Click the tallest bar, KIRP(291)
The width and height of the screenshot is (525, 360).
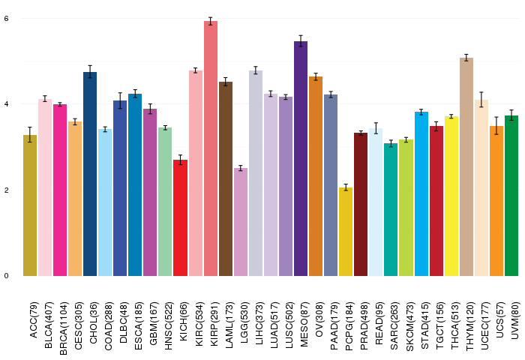[211, 148]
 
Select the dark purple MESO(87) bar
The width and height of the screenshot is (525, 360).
[301, 159]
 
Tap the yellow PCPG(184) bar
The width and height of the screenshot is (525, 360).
[346, 232]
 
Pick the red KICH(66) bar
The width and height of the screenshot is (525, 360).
[181, 218]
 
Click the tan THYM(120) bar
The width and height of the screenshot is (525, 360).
[466, 166]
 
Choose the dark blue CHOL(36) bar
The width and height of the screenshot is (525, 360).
[90, 174]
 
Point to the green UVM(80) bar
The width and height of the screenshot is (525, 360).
[511, 196]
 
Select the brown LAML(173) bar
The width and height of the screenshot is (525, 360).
[226, 178]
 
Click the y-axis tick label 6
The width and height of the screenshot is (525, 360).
[6, 19]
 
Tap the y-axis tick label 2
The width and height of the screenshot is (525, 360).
[6, 190]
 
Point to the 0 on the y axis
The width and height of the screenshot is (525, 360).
[6, 275]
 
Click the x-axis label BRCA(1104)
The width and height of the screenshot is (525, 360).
[63, 328]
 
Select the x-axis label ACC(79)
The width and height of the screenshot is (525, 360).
[34, 319]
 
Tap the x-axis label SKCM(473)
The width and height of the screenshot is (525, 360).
[409, 326]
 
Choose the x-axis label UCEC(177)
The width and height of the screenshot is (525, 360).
[484, 325]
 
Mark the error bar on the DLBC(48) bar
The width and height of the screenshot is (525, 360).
[120, 100]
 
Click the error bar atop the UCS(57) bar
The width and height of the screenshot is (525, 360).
[496, 125]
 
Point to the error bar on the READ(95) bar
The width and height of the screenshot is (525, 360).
[376, 128]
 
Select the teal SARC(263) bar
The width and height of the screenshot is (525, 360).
[391, 210]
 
